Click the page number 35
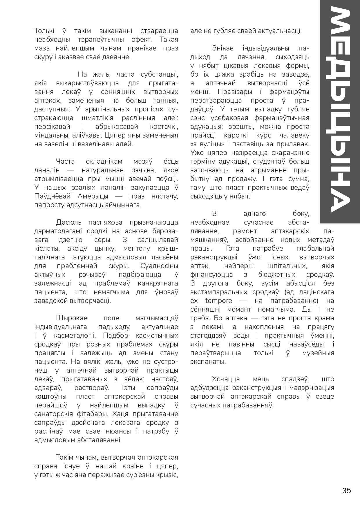(347, 490)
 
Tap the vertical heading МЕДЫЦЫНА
(339, 110)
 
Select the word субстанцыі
(159, 74)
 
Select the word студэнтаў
(267, 161)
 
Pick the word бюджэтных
(277, 275)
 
